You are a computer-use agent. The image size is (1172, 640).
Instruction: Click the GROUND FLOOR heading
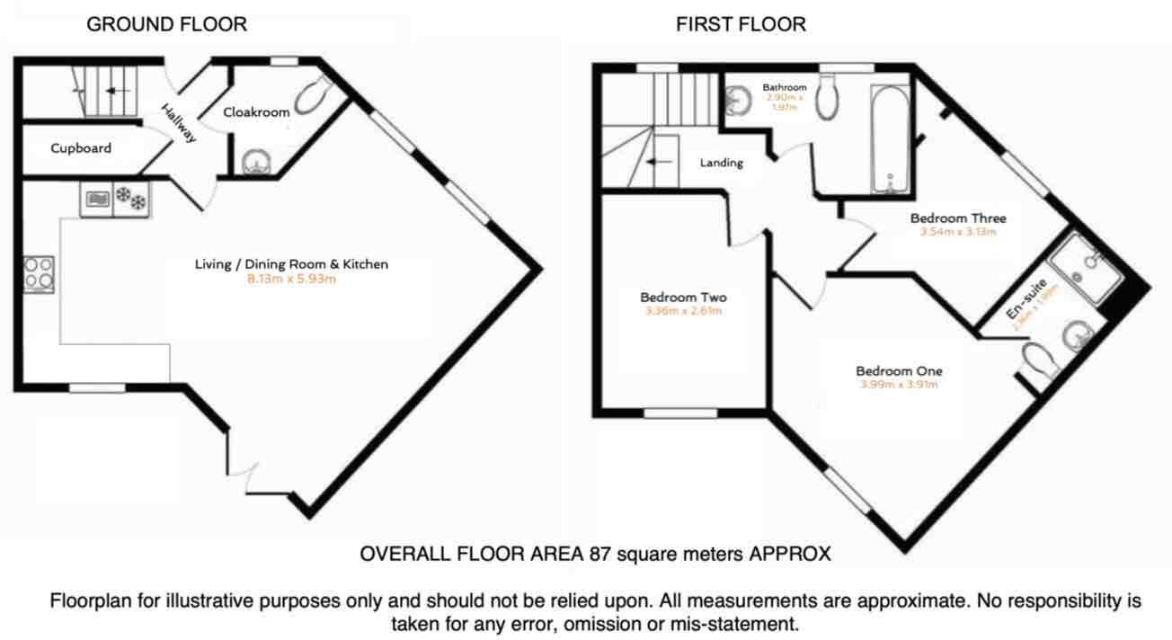point(166,24)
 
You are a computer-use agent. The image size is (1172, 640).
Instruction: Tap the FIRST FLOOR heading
point(741,24)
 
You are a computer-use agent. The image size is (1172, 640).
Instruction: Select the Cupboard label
point(81,148)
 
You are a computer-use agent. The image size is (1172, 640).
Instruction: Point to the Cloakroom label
point(257,112)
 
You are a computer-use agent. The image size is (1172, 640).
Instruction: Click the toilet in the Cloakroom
point(314,93)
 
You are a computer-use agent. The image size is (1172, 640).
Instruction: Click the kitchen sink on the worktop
point(96,199)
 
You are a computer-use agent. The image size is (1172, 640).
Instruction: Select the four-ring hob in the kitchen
point(39,275)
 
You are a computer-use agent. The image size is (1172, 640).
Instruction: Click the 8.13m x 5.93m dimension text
point(291,279)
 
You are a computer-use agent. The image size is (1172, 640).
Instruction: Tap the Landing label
point(722,163)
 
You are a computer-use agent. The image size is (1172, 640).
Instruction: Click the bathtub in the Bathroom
point(890,139)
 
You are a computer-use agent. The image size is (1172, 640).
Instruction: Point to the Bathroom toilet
point(828,99)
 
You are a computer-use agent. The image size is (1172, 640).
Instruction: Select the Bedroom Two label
point(683,298)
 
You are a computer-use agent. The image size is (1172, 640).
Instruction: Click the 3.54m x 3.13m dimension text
point(958,231)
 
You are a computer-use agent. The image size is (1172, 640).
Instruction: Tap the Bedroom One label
point(899,371)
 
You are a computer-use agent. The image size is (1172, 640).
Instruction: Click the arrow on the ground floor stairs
point(112,91)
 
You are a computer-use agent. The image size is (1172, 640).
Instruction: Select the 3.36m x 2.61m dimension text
point(683,312)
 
